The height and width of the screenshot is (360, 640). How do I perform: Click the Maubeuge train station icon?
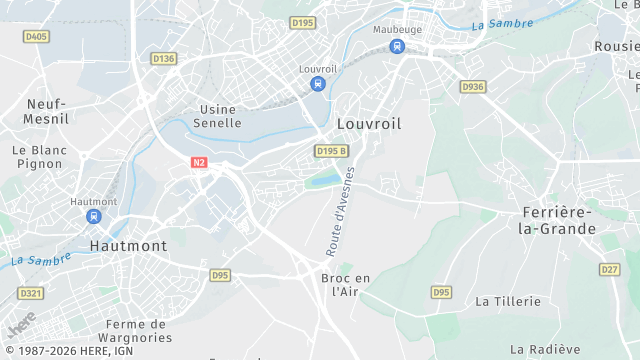397,46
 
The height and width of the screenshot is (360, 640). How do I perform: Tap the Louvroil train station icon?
318,84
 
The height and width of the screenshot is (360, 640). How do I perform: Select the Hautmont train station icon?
94,216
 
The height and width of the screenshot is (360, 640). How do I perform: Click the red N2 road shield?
200,161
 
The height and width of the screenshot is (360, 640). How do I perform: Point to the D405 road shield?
36,37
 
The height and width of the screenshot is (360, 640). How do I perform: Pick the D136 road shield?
164,59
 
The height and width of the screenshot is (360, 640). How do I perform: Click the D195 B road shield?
331,151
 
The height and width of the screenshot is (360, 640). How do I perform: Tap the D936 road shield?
473,87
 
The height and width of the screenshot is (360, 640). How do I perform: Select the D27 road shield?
610,269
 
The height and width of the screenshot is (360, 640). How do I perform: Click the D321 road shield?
31,293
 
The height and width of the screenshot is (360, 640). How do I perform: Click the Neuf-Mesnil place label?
46,111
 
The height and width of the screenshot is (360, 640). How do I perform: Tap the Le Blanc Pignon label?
38,157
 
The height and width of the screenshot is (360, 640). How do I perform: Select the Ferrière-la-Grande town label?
557,221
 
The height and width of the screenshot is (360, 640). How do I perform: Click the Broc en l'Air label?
345,285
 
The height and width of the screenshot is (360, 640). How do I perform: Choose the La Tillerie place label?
508,301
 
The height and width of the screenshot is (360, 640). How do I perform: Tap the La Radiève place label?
545,349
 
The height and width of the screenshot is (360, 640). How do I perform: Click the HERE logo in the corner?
20,325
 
